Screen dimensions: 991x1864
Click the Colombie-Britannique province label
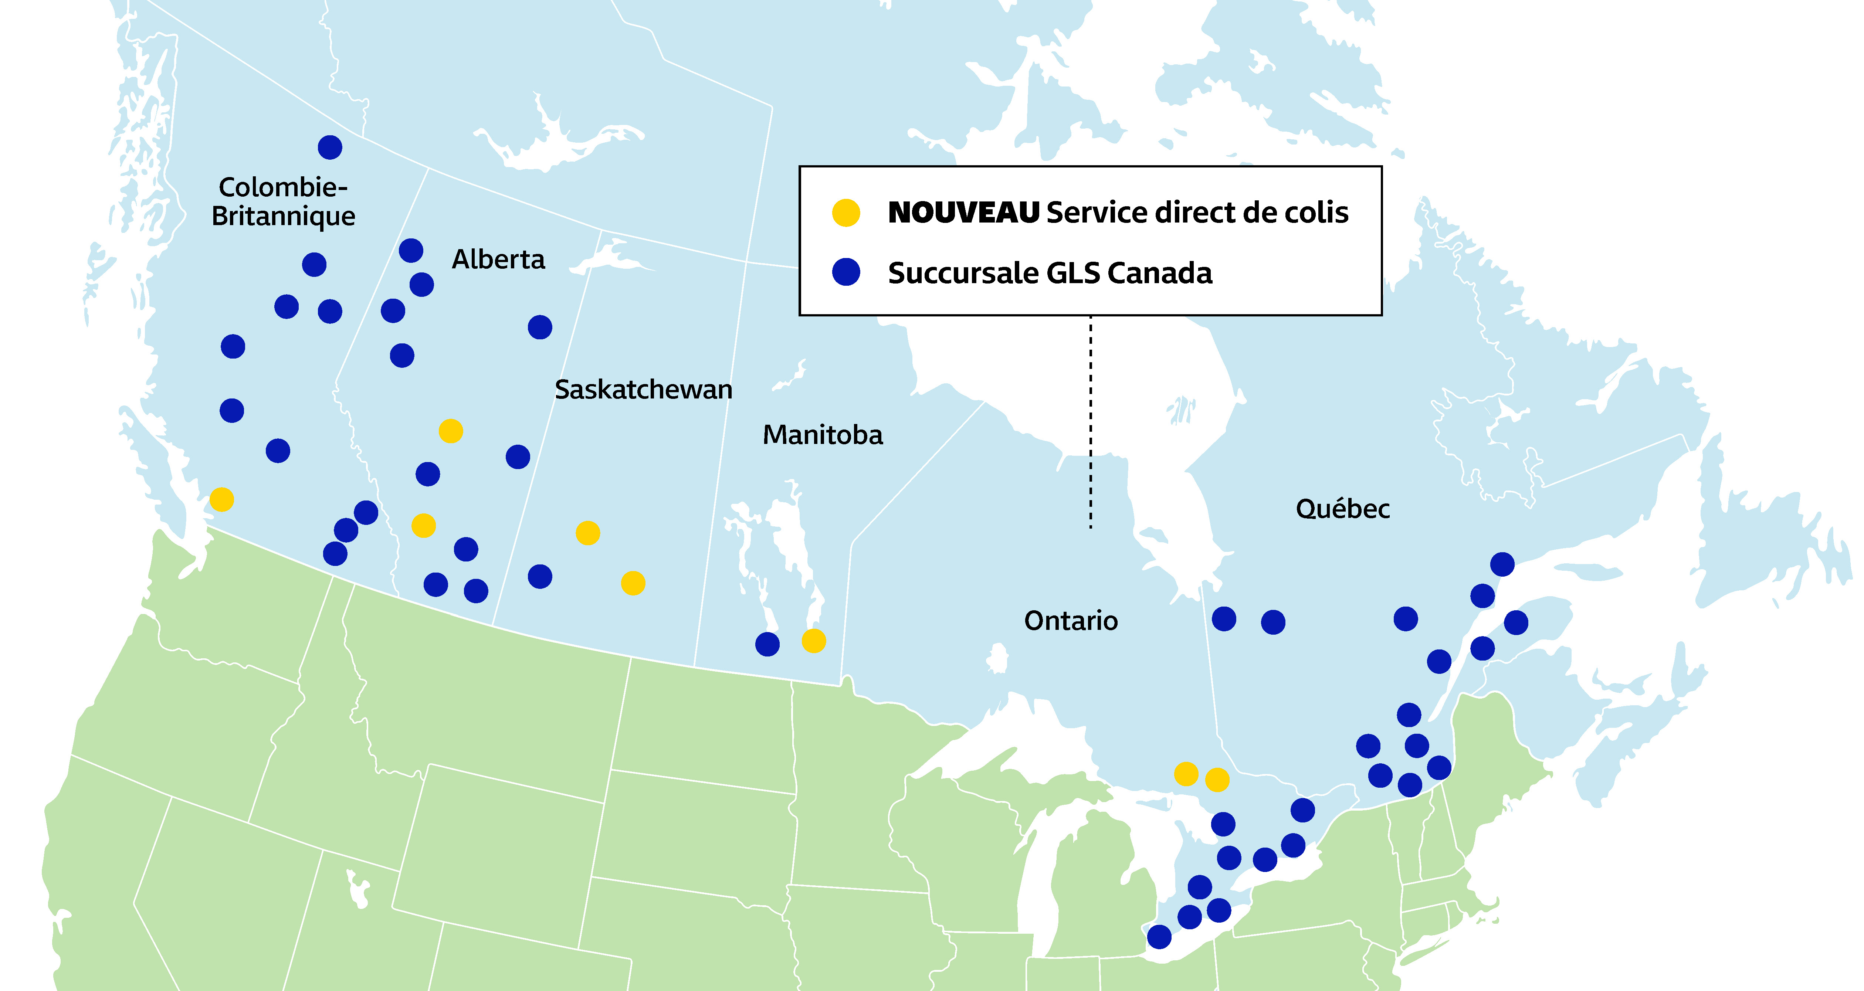283,202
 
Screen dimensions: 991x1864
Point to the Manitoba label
823,435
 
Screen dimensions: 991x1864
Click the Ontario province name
1071,621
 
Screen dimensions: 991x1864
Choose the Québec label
1342,509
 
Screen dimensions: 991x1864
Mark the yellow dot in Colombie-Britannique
221,499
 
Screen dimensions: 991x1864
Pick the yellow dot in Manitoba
813,641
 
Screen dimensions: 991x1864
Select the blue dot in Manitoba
767,644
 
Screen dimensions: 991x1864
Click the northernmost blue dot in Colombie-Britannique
330,147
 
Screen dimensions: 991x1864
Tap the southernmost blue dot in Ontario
1159,937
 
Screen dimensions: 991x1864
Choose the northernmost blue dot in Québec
1502,564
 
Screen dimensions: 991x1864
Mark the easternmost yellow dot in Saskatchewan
633,583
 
